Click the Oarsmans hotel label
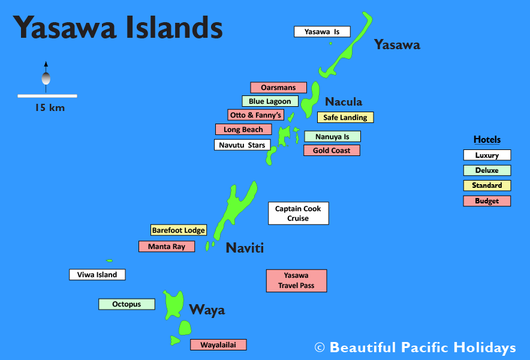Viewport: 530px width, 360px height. [x=278, y=88]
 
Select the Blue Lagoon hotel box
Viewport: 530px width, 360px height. [x=270, y=101]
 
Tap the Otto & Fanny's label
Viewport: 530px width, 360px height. [x=255, y=115]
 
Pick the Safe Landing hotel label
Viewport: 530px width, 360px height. [x=345, y=118]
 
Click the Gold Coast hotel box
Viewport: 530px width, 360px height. [x=332, y=150]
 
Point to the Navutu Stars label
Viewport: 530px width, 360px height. [x=242, y=145]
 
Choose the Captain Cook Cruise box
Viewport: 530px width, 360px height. [x=298, y=213]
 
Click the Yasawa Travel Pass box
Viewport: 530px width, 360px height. [x=296, y=280]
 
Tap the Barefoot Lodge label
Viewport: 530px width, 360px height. [x=179, y=230]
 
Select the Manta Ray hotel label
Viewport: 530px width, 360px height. [x=167, y=246]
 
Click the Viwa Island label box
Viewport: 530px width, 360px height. [x=97, y=275]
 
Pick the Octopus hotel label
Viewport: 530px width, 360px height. [x=127, y=304]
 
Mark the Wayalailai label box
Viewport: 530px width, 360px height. [x=218, y=344]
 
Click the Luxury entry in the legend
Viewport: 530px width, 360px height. [x=487, y=155]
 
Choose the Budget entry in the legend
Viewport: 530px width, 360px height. [x=487, y=201]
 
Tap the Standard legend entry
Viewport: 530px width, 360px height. [x=487, y=185]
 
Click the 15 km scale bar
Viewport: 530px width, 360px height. [x=47, y=96]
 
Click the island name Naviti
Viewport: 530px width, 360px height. [x=245, y=248]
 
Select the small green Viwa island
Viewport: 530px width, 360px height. [x=109, y=260]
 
